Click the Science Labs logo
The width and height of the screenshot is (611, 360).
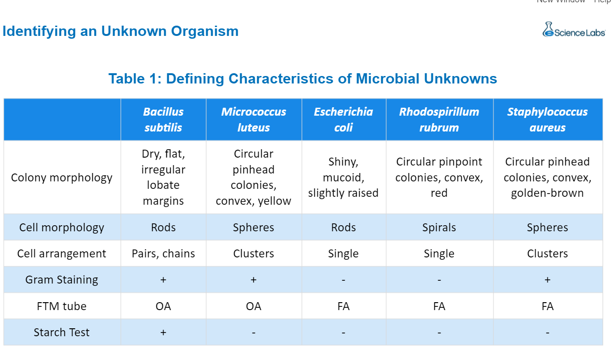[x=574, y=30]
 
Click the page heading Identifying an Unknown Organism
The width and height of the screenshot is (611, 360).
[x=120, y=31]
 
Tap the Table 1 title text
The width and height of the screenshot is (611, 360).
[x=303, y=78]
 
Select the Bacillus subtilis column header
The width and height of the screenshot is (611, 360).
[x=163, y=119]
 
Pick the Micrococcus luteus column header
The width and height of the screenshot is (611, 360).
[x=254, y=119]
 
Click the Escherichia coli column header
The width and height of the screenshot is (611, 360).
[x=343, y=119]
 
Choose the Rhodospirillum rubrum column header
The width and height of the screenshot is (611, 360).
[x=439, y=119]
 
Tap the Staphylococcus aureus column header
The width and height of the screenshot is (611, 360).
[x=547, y=119]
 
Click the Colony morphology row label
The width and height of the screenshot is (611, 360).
[x=62, y=178]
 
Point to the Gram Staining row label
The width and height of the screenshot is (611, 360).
[x=62, y=280]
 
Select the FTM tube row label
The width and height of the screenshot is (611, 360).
[x=62, y=306]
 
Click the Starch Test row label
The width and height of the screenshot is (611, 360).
[x=62, y=332]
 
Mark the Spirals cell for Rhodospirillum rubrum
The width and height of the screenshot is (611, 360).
[x=439, y=228]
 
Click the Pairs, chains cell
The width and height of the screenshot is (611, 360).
[x=163, y=254]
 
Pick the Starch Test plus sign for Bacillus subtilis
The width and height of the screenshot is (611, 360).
[x=163, y=332]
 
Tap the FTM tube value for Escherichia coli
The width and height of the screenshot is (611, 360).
[x=343, y=306]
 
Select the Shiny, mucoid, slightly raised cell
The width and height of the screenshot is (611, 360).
[x=343, y=178]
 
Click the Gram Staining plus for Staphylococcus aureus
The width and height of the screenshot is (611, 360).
[x=547, y=280]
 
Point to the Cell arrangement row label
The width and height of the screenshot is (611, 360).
[x=62, y=254]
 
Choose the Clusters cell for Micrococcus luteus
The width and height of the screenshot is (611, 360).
[x=254, y=254]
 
